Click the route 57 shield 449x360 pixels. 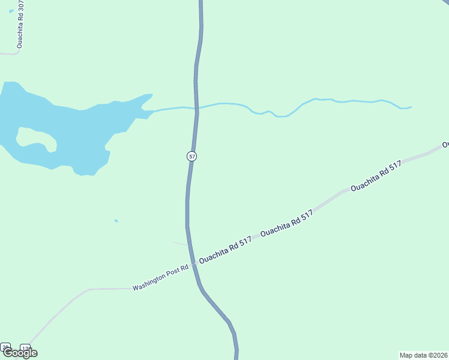click(191, 156)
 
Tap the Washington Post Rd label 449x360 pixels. click(161, 277)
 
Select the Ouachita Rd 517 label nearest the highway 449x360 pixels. click(225, 250)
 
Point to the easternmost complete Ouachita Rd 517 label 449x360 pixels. click(376, 176)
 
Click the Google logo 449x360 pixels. click(19, 353)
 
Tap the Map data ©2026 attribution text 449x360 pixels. click(423, 355)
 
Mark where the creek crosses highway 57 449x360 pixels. click(197, 109)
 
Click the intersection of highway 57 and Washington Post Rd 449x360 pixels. click(193, 264)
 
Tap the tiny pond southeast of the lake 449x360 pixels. click(116, 221)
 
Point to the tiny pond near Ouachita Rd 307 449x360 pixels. click(11, 11)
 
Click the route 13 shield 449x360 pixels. click(25, 348)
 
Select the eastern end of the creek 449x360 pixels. click(410, 107)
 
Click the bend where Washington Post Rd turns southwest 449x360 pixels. click(89, 290)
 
